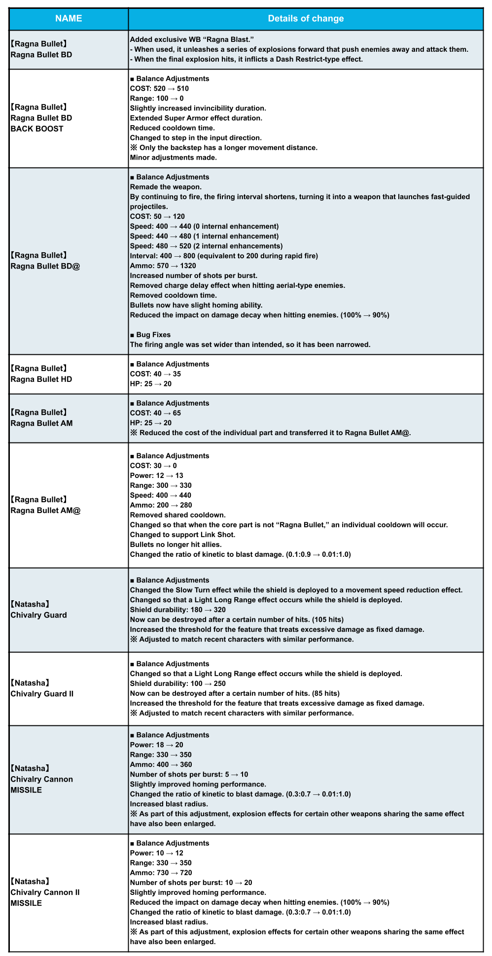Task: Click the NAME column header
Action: (x=69, y=19)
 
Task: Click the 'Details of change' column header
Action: (x=306, y=19)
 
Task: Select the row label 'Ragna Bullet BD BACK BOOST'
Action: (x=41, y=118)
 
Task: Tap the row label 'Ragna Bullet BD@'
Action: (x=45, y=261)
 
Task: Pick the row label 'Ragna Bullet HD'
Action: (x=41, y=374)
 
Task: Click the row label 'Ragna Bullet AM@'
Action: (x=45, y=505)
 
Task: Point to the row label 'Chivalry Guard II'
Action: (x=42, y=688)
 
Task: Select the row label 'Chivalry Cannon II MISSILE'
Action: (x=45, y=892)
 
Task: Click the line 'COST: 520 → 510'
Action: (x=159, y=89)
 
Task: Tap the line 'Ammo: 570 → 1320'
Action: (x=163, y=266)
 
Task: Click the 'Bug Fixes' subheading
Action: (x=150, y=335)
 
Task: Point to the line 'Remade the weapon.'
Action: (x=166, y=187)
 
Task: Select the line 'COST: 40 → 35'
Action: (x=155, y=374)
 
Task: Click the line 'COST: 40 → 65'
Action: (x=155, y=413)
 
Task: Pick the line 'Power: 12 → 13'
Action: (x=156, y=476)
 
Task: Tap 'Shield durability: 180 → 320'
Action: (x=177, y=610)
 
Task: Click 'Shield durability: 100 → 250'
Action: (x=177, y=683)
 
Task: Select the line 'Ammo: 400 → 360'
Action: (x=161, y=764)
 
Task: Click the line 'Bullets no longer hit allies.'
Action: (x=176, y=545)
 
